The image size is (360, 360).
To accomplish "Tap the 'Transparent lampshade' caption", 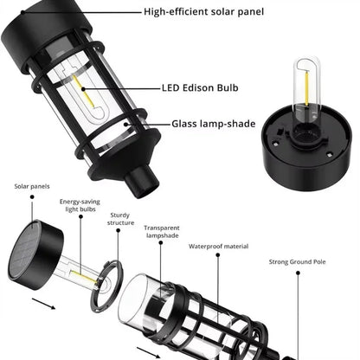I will pos(162,231).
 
